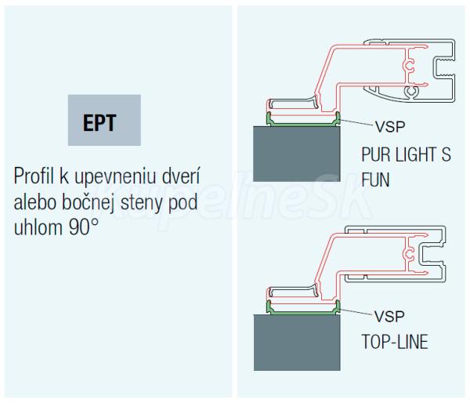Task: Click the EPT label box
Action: (x=104, y=120)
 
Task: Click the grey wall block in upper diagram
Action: (x=298, y=155)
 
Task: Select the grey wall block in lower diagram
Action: (x=298, y=342)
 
